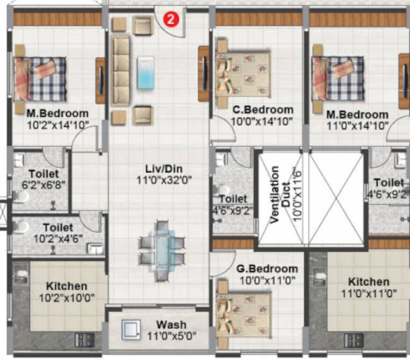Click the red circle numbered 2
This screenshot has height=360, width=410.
click(171, 19)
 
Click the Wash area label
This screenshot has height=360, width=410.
click(171, 324)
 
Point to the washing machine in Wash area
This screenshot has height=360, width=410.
click(131, 330)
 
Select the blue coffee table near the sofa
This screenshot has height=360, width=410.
click(145, 72)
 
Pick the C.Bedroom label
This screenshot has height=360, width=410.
click(263, 110)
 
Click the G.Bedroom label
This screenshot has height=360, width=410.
click(267, 269)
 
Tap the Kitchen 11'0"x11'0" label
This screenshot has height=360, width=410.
click(369, 282)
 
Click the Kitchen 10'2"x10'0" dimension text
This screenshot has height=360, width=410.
click(66, 297)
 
